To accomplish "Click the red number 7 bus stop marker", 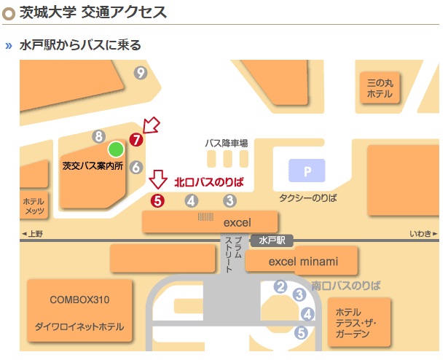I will pos(135,139).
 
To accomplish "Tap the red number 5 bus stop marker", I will pos(157,200).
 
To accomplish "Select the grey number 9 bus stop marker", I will pos(141,72).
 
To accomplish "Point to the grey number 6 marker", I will pos(135,167).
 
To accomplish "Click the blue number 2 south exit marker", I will pos(280,286).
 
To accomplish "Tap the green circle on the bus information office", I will pos(115,149).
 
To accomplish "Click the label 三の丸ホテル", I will pos(380,88).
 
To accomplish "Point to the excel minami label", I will pos(303,261).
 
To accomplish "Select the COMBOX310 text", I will pos(80,300).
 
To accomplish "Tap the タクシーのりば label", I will pos(308,197).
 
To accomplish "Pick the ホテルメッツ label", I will pos(34,206).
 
